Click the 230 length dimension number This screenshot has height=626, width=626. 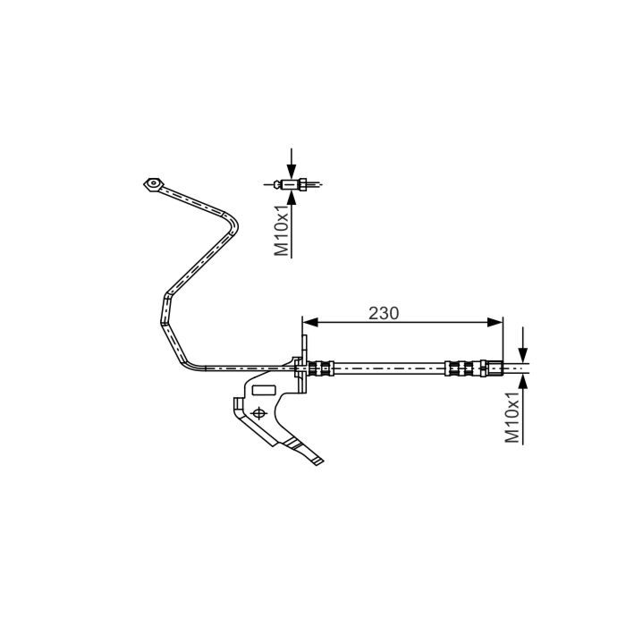tap(384, 313)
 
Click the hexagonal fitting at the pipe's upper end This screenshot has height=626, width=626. tap(153, 184)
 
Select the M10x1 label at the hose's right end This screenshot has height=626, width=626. tap(512, 417)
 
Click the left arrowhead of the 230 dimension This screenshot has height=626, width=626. tap(310, 322)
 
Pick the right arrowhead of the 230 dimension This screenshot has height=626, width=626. tap(495, 322)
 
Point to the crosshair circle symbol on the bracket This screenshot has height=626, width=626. tap(258, 413)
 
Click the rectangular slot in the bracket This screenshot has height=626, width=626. tap(264, 390)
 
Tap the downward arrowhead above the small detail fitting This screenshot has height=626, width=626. tap(292, 171)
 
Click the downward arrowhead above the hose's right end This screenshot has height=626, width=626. tap(523, 355)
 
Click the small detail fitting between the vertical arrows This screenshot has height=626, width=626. tap(292, 184)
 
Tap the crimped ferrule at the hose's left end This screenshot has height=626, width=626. tap(320, 368)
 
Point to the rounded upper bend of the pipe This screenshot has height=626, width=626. tap(232, 224)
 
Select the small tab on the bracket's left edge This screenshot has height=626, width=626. tap(238, 404)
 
